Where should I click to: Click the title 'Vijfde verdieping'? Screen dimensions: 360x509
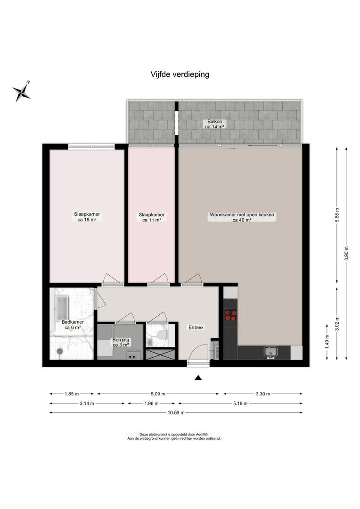[180, 74]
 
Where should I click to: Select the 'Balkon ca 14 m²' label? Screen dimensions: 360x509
[215, 124]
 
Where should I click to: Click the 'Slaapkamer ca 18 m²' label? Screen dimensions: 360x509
[87, 217]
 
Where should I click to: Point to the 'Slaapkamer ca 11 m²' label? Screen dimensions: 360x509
[152, 217]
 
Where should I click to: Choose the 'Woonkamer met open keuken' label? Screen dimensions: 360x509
[242, 214]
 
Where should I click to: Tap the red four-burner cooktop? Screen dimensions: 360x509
[231, 315]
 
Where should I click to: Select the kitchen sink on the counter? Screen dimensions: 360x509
[270, 352]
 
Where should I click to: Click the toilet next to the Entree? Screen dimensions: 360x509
[161, 334]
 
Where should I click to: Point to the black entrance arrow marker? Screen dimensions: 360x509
[198, 378]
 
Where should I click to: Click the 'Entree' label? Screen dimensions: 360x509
[196, 328]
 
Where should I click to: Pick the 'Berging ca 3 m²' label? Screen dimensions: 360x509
[121, 342]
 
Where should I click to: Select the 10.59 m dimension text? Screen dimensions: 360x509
[176, 412]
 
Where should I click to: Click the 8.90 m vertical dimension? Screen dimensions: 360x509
[346, 252]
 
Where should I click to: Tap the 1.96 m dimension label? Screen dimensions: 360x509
[152, 403]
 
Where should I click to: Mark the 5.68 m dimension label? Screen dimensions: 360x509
[336, 214]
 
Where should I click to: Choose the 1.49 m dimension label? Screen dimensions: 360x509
[327, 340]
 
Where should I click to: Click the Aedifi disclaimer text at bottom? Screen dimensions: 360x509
[174, 436]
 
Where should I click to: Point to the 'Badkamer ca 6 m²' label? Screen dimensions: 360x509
[73, 325]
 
